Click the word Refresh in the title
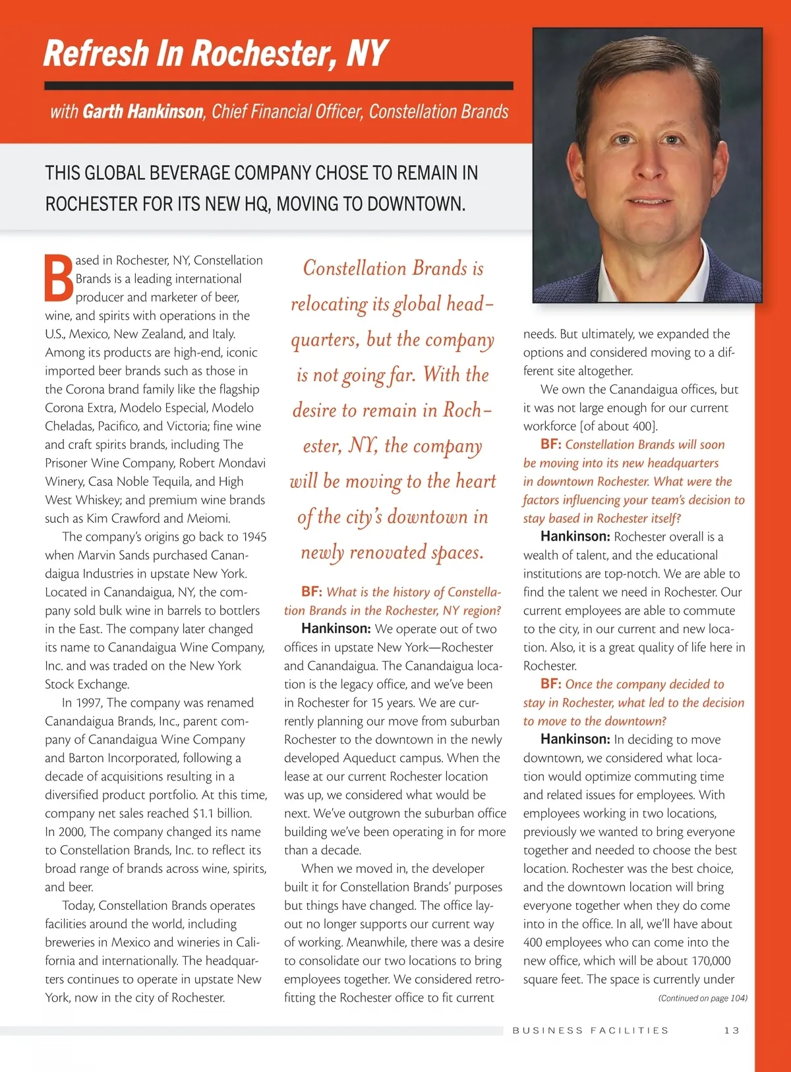point(96,53)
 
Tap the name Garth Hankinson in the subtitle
point(143,111)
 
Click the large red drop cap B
point(59,278)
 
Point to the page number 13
point(732,1030)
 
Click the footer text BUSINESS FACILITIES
point(591,1030)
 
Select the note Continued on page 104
point(703,998)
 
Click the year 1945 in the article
point(254,537)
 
